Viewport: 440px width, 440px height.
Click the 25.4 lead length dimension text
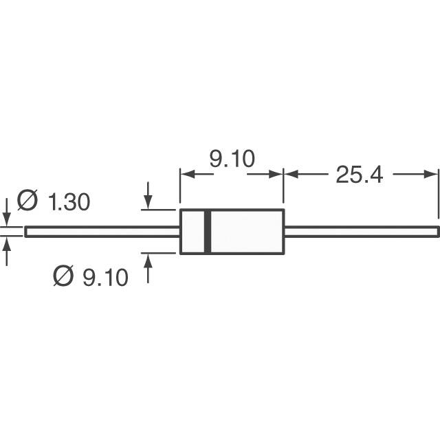359,175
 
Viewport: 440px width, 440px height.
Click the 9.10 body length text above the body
232,159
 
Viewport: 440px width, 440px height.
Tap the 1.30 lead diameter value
69,201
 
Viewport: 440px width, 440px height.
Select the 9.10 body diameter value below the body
105,277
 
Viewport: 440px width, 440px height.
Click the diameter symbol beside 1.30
27,200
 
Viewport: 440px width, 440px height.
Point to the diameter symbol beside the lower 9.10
63,276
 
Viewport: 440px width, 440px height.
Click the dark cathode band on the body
208,232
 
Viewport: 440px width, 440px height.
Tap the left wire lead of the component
102,232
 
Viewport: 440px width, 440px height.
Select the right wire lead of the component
362,232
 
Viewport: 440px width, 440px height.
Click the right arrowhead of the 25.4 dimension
431,174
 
